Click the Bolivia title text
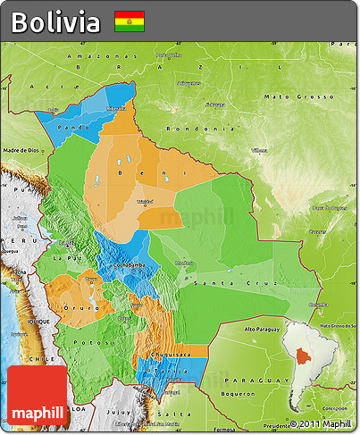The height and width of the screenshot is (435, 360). pyautogui.click(x=55, y=22)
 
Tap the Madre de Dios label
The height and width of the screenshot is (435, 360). pyautogui.click(x=22, y=150)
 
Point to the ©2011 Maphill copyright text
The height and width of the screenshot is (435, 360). pyautogui.click(x=320, y=424)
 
